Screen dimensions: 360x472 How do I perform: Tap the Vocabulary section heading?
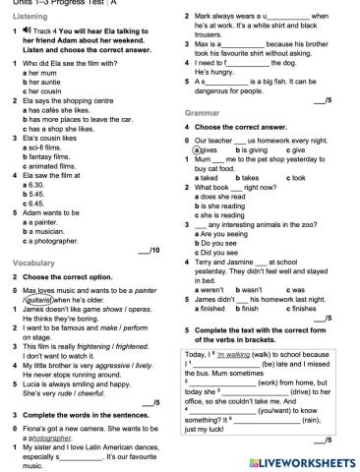pos(33,264)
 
